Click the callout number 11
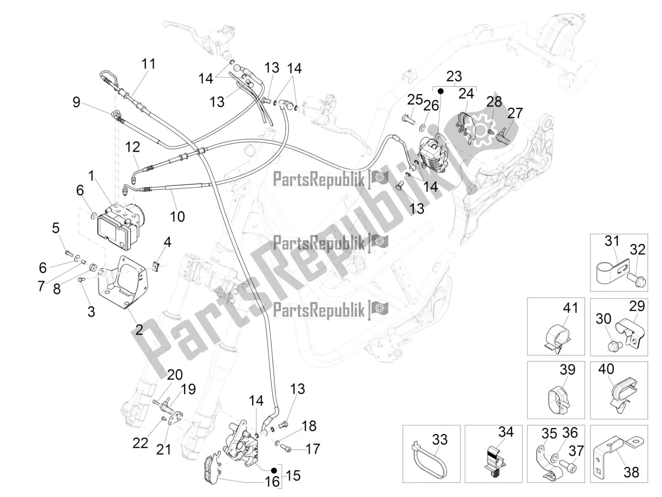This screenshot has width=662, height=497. click(149, 64)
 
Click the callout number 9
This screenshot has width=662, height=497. click(76, 102)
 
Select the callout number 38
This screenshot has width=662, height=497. click(631, 471)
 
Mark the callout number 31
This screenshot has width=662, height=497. click(612, 241)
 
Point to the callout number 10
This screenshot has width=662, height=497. click(177, 216)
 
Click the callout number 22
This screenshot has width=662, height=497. click(140, 443)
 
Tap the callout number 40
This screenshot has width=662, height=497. click(606, 369)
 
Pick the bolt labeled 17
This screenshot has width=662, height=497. click(285, 448)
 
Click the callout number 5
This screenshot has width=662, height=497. click(55, 228)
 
